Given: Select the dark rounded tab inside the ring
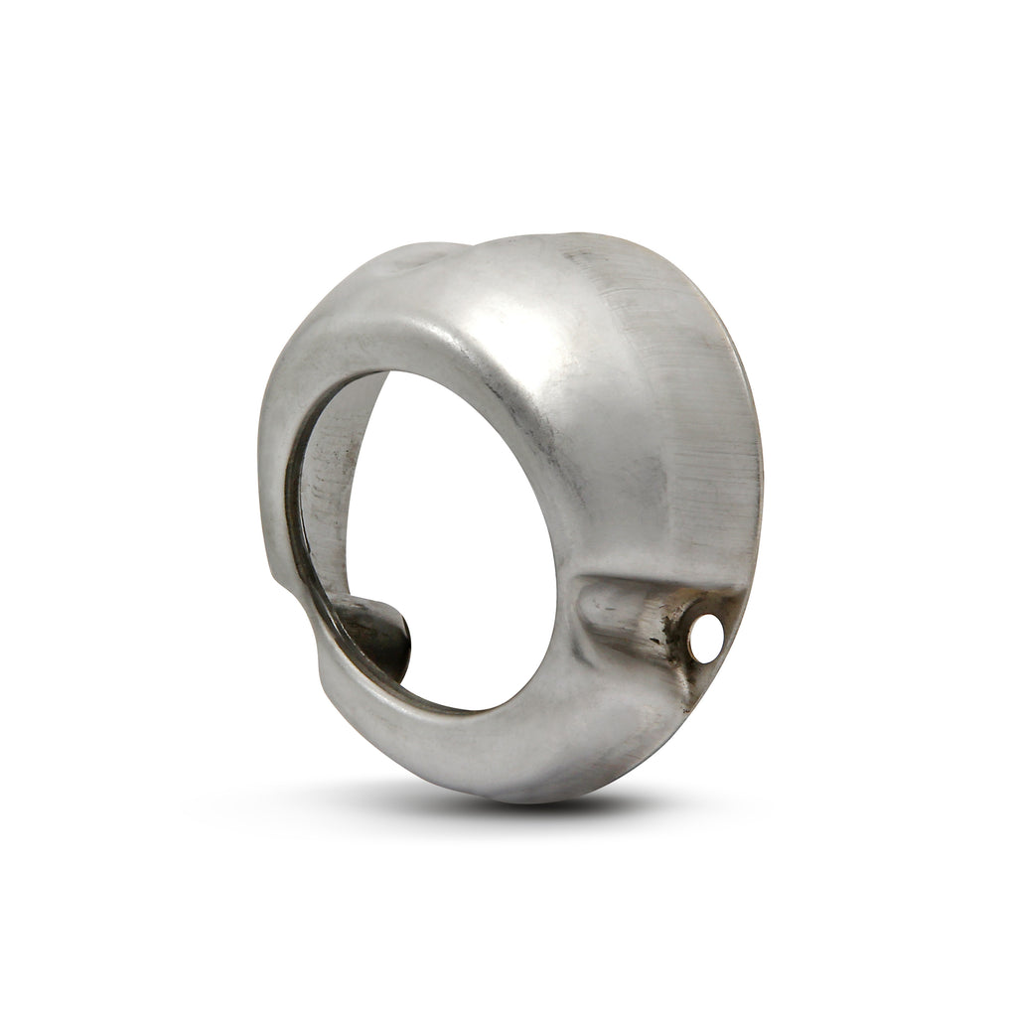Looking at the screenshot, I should tap(382, 636).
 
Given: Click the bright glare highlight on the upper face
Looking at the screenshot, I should tap(516, 328).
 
